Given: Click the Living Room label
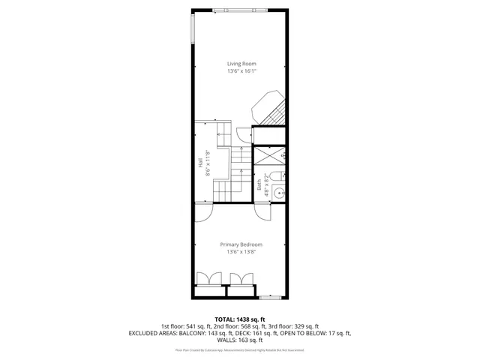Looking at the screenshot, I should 241,64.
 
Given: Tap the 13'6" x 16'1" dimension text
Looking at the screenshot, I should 241,72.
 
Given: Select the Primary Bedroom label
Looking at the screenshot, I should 241,244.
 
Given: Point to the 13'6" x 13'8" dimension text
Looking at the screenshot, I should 241,253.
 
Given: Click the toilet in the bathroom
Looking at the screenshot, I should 277,177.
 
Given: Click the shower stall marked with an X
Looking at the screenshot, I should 268,156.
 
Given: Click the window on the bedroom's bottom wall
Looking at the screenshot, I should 269,297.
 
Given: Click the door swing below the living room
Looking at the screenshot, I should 244,135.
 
